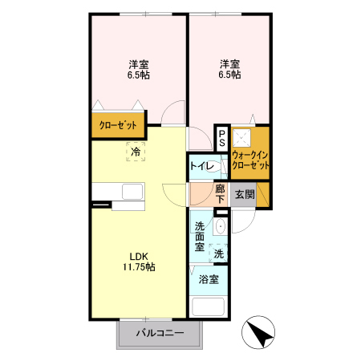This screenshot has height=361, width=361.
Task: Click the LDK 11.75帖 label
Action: tap(138, 261)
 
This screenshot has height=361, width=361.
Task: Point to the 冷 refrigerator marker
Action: tap(136, 150)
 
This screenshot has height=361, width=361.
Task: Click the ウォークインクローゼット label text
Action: tap(249, 158)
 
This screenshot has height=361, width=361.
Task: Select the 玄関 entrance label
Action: tap(244, 194)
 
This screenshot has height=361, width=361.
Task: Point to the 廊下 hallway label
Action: tap(221, 194)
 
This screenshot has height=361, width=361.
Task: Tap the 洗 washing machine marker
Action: tap(218, 254)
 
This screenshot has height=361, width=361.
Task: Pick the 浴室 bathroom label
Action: tap(209, 281)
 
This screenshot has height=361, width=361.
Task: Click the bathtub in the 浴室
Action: tap(209, 308)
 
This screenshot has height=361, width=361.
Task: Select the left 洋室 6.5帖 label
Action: tap(138, 69)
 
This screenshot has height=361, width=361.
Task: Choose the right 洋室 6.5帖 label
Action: tap(229, 69)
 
